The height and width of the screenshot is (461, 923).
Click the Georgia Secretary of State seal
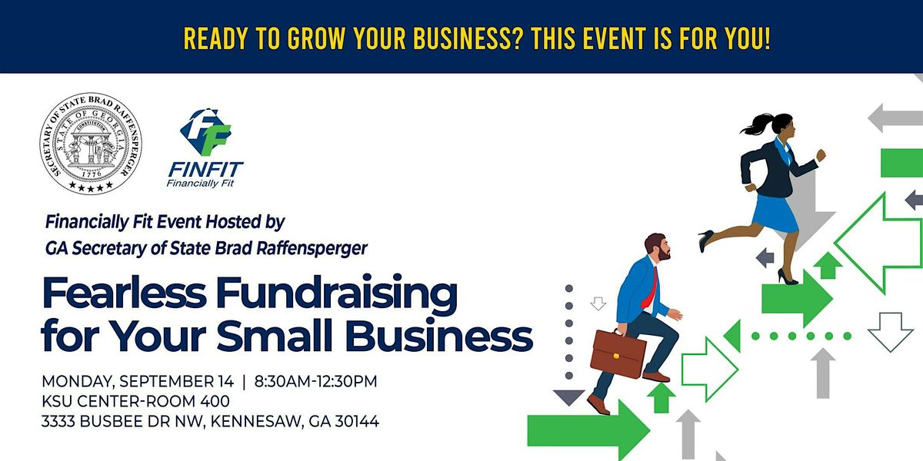[x=91, y=143]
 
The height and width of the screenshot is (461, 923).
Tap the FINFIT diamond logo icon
[x=206, y=132]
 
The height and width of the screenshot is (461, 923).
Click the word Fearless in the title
[x=125, y=293]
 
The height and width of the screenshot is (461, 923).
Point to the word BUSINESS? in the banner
[x=468, y=38]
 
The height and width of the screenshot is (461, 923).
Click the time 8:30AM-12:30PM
[x=315, y=381]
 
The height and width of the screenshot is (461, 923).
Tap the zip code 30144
[x=357, y=422]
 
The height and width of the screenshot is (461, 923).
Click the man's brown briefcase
[x=618, y=353]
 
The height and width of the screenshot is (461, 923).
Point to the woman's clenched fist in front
[x=821, y=155]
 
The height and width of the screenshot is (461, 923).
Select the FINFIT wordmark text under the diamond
[x=205, y=170]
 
